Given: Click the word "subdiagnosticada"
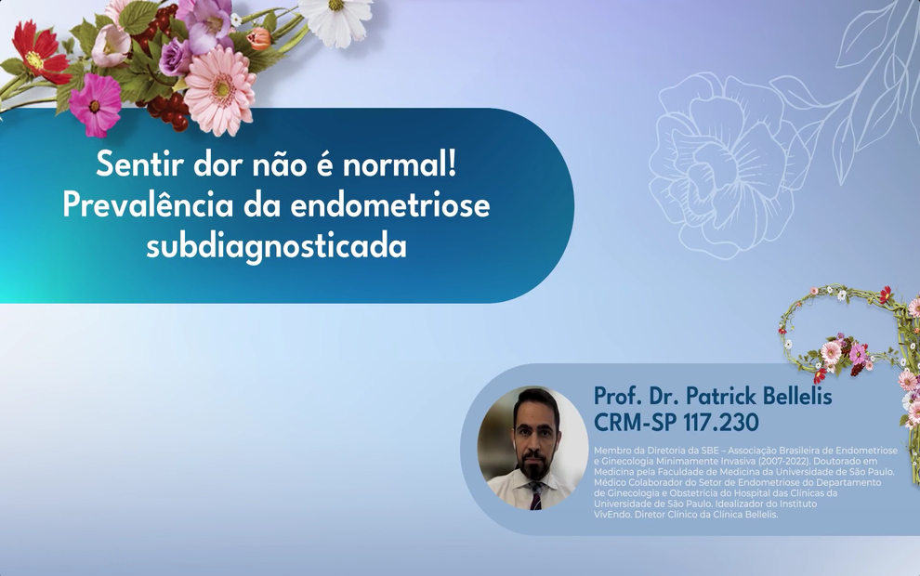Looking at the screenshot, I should (276, 247).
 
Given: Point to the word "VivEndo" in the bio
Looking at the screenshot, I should (612, 514).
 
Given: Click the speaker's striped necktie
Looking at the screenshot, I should (535, 495).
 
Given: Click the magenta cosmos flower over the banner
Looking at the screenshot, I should (96, 102).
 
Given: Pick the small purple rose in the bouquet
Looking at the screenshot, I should (175, 56).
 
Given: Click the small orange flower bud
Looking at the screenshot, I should (259, 38).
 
